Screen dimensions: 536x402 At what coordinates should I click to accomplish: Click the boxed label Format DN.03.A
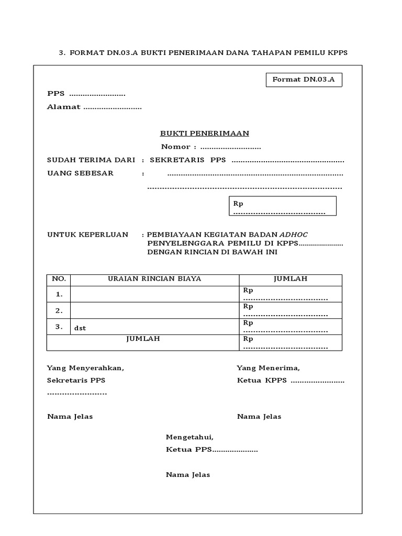click(x=304, y=80)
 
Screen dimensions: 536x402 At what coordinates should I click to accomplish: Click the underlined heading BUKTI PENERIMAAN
click(x=204, y=133)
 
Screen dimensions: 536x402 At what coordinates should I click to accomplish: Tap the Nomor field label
click(x=178, y=147)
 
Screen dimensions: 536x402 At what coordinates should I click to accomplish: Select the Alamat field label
click(x=64, y=107)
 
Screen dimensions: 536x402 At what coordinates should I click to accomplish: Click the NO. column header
click(x=59, y=279)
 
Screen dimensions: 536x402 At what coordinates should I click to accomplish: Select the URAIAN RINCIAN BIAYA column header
click(x=154, y=279)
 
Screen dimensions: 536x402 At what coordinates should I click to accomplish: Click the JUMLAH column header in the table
click(x=290, y=279)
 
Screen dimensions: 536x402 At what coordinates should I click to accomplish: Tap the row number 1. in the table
click(x=59, y=295)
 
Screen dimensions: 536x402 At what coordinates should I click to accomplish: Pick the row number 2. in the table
click(x=59, y=311)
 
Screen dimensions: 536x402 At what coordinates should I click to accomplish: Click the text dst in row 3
click(x=80, y=328)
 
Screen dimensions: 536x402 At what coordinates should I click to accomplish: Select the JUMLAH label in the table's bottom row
click(x=143, y=339)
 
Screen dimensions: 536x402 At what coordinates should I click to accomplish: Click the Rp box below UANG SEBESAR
click(x=283, y=206)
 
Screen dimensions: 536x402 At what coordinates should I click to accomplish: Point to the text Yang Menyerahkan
click(x=85, y=368)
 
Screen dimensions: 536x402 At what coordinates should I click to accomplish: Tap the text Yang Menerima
click(x=268, y=368)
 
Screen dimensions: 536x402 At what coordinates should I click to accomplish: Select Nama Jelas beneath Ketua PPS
click(x=188, y=475)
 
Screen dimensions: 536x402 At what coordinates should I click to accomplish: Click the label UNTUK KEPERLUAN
click(x=87, y=234)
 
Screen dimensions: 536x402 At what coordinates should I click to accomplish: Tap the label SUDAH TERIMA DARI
click(x=91, y=160)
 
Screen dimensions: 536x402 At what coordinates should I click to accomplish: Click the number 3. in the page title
click(x=62, y=53)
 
